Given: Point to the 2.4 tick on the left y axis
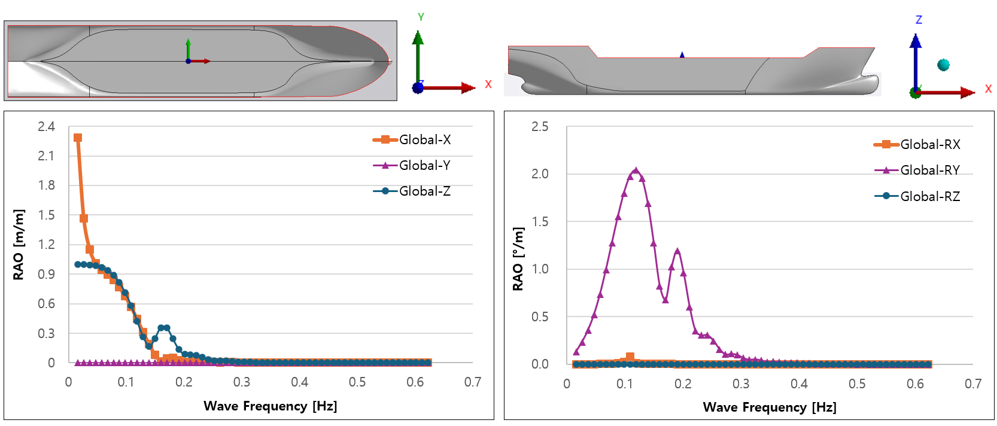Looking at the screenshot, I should [46, 127].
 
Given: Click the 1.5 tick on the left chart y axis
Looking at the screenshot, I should [46, 215].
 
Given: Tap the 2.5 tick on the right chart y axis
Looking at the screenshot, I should [540, 127].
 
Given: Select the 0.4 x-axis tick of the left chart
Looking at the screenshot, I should [299, 382].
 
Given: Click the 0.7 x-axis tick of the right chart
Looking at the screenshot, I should [973, 384].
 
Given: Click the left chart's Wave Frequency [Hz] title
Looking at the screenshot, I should [270, 406].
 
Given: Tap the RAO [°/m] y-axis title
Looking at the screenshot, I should [518, 259].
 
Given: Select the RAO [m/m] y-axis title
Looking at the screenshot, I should [19, 245].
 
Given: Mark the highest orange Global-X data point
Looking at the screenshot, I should [78, 138].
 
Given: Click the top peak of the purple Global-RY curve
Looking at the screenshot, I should [636, 171].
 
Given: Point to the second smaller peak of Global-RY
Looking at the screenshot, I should [677, 252].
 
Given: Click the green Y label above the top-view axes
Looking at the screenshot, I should [421, 17].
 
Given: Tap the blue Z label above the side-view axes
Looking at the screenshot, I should [919, 20].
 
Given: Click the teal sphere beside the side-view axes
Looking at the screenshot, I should [944, 65].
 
